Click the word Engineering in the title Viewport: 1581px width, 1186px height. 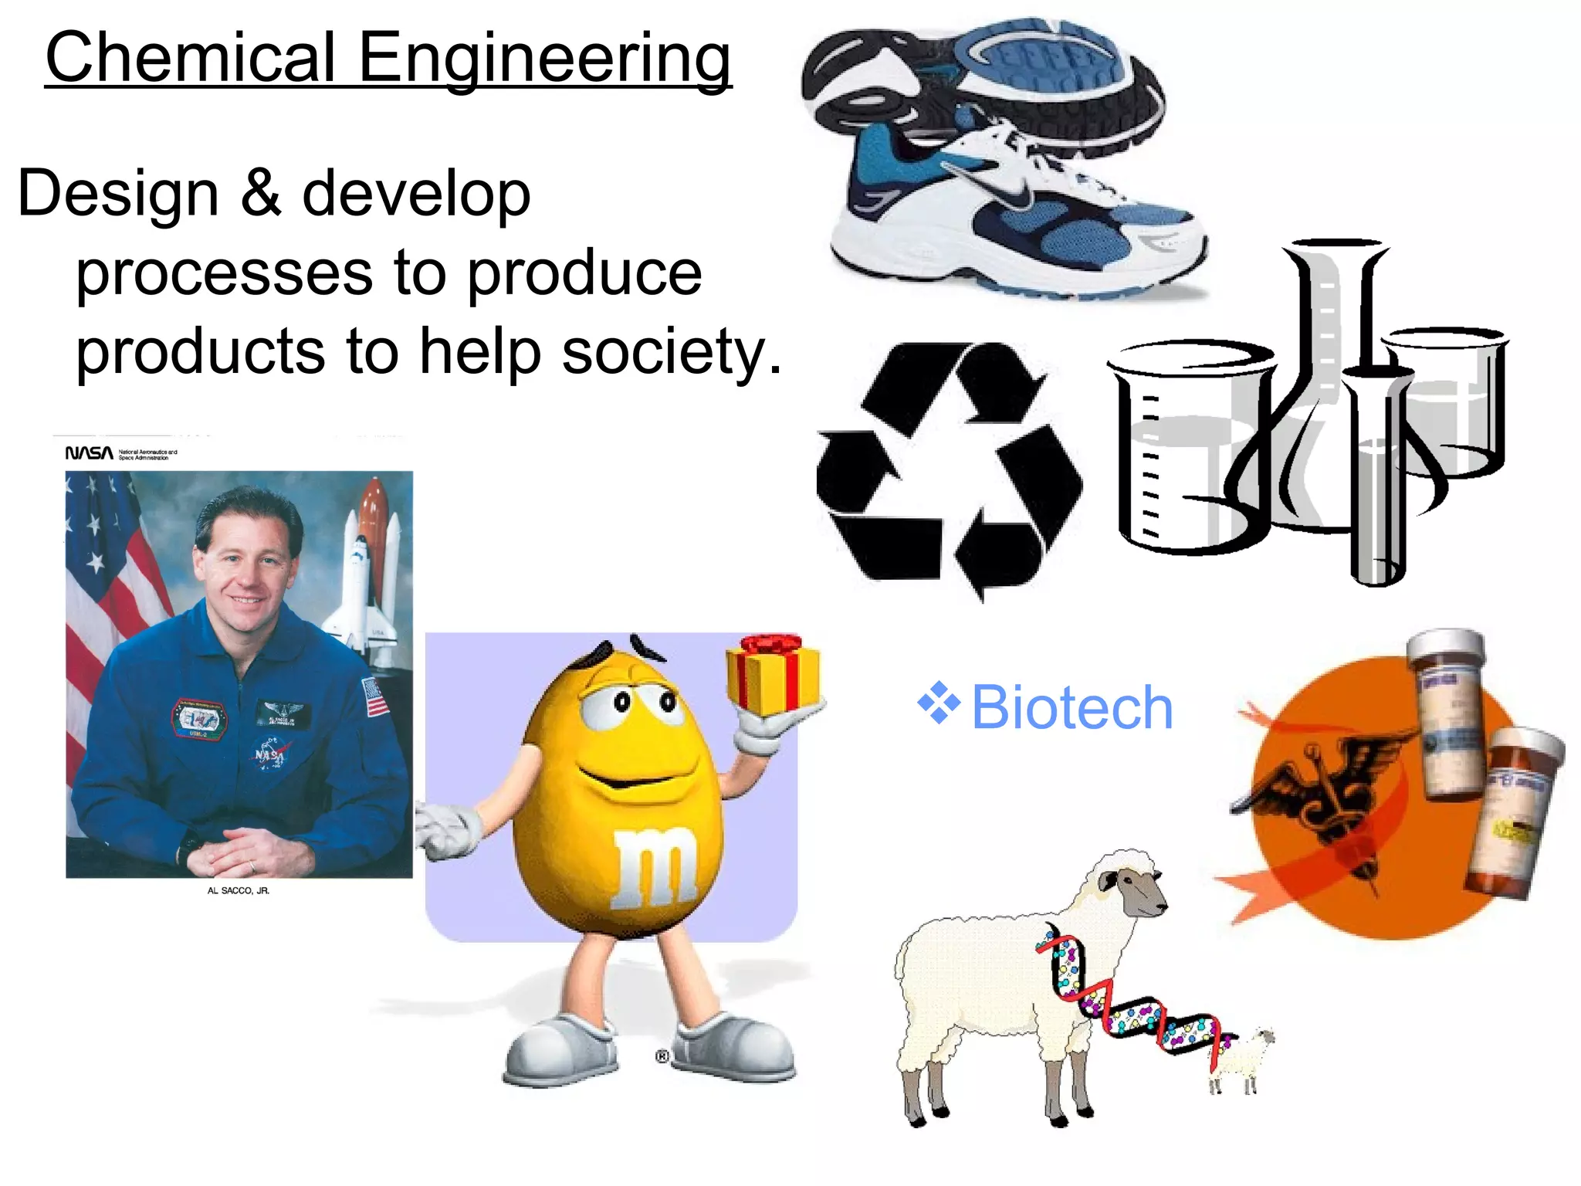coord(543,60)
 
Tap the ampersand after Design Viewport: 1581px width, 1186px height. coord(260,193)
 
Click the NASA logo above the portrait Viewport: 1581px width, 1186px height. coord(89,453)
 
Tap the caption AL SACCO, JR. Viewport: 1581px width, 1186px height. coord(238,890)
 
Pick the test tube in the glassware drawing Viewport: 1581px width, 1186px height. coord(1377,479)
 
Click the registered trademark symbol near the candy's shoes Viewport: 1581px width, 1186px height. coord(662,1056)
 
